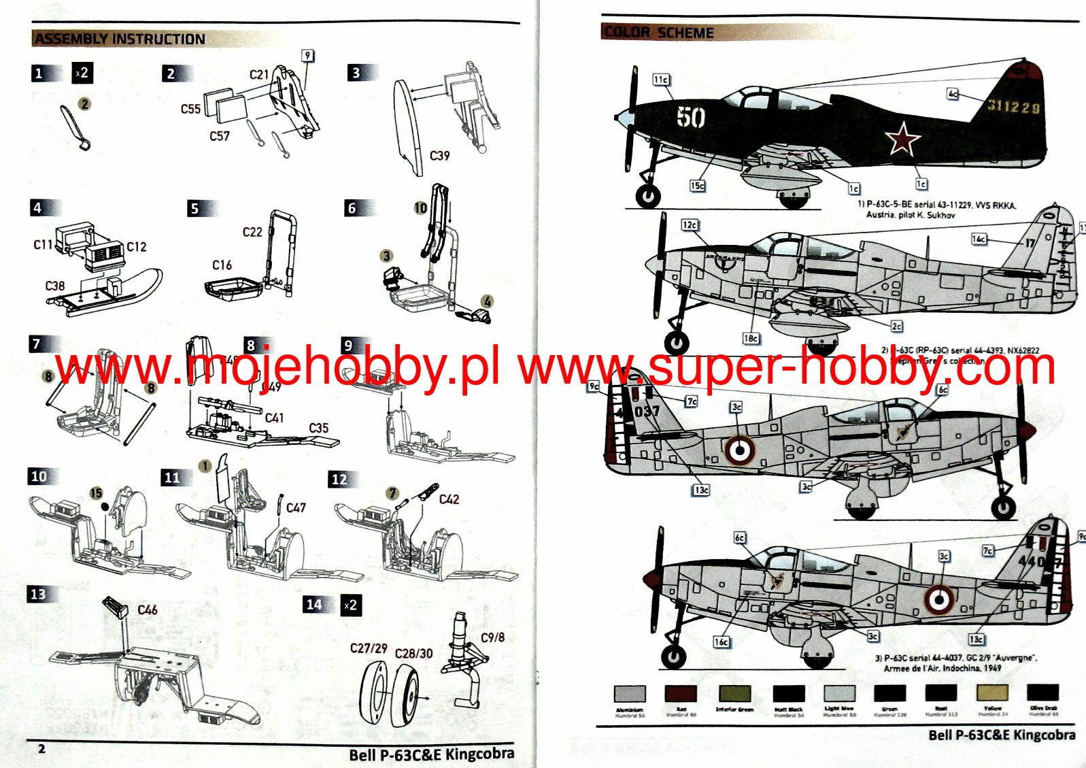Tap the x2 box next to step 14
(x=350, y=605)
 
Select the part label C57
(x=220, y=136)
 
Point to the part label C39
(x=439, y=156)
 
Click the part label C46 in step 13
(x=147, y=610)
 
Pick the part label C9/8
(x=492, y=637)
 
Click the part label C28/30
(x=413, y=653)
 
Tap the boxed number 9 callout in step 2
(x=308, y=56)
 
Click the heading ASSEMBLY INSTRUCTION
(x=120, y=39)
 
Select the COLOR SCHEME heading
(x=658, y=32)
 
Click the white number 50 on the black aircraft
(x=690, y=117)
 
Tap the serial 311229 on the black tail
(x=1013, y=106)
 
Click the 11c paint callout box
(x=661, y=80)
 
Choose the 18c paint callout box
(x=751, y=338)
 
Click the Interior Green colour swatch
(x=734, y=694)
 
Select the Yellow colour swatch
(x=992, y=693)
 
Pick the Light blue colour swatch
(x=839, y=693)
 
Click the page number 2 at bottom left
(x=41, y=749)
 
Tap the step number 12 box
(x=339, y=480)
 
